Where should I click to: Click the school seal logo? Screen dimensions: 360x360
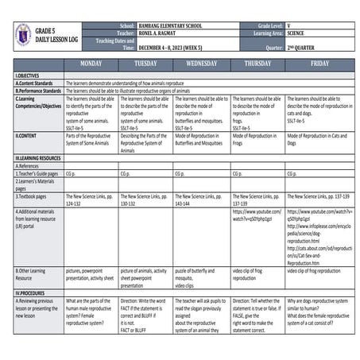click(x=21, y=34)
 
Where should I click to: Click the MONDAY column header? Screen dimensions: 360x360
click(x=91, y=63)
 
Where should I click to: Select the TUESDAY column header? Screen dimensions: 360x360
click(x=145, y=63)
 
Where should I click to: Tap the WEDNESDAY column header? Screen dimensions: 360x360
click(x=200, y=63)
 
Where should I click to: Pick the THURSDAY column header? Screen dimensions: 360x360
click(x=257, y=63)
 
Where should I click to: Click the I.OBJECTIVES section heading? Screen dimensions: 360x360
click(x=29, y=75)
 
